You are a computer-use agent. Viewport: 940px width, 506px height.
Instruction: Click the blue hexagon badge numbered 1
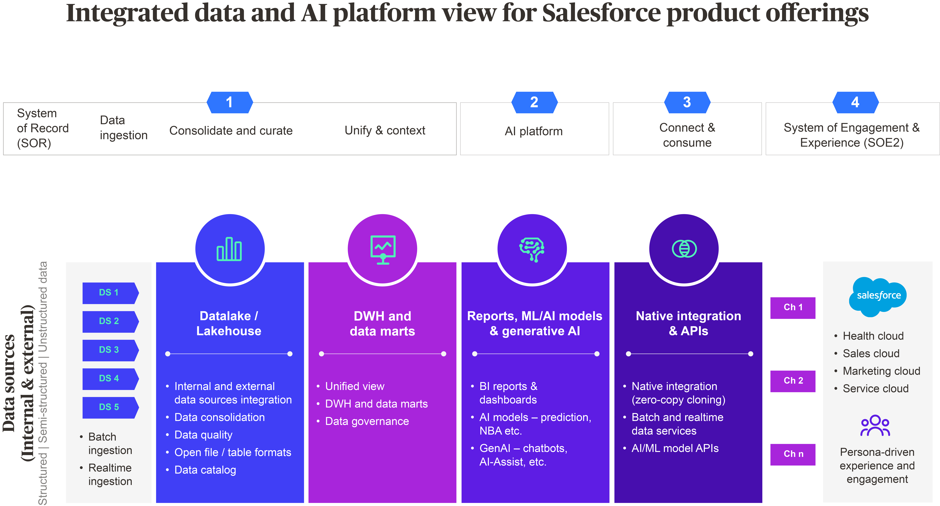pyautogui.click(x=229, y=102)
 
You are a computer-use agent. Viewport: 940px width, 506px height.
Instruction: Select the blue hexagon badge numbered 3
pyautogui.click(x=687, y=102)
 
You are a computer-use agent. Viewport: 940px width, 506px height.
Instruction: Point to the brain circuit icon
pyautogui.click(x=532, y=249)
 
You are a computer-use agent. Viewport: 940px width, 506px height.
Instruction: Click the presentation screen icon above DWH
pyautogui.click(x=383, y=249)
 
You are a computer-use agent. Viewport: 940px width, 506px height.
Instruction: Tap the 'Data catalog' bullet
pyautogui.click(x=205, y=470)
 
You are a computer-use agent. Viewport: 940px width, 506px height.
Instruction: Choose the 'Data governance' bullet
pyautogui.click(x=367, y=421)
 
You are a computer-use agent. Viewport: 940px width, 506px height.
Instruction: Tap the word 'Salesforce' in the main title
pyautogui.click(x=601, y=13)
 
